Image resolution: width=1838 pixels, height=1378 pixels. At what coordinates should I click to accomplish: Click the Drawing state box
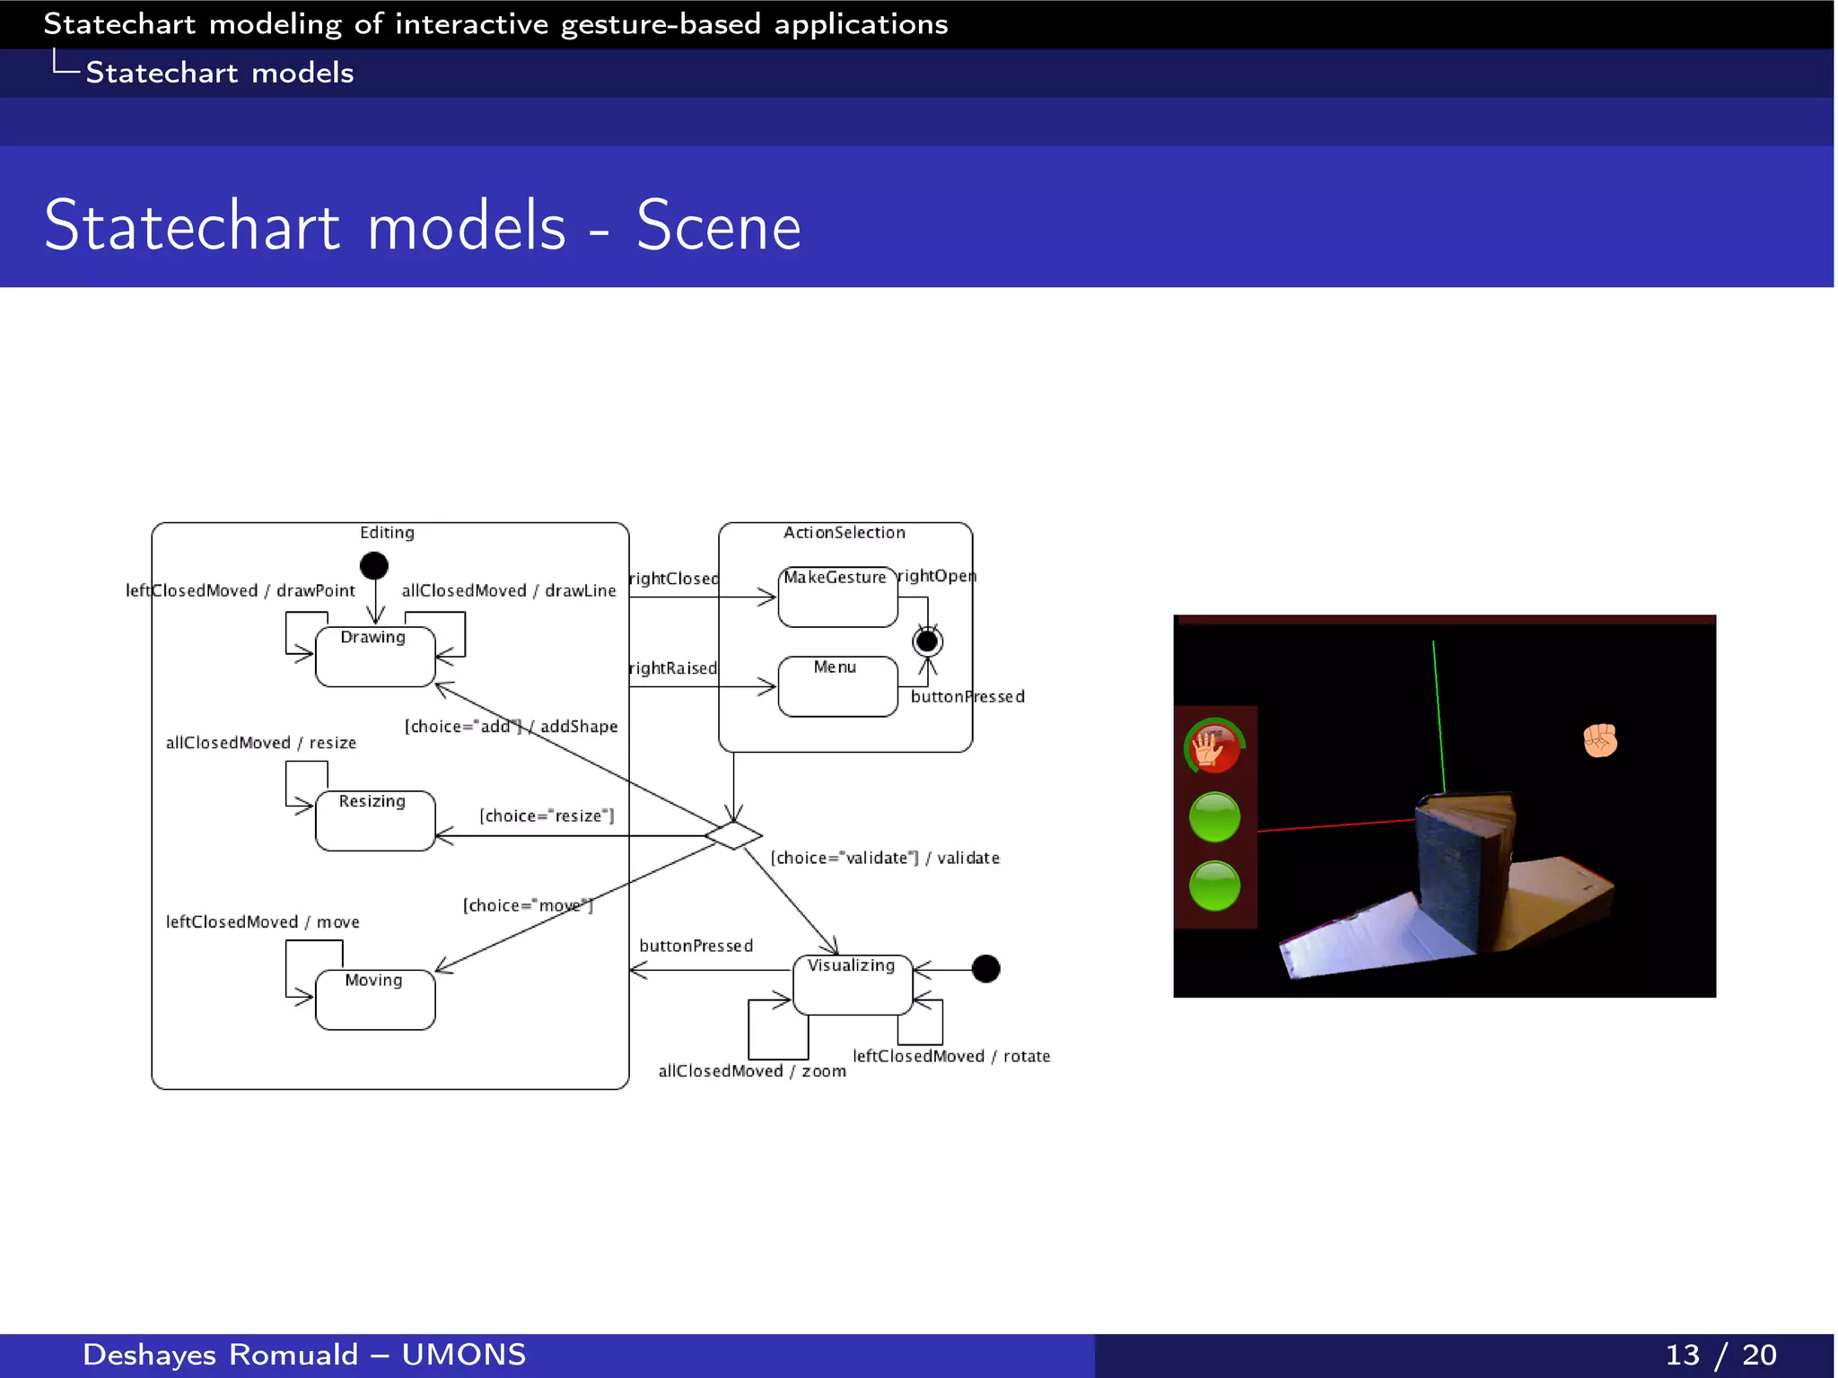(375, 657)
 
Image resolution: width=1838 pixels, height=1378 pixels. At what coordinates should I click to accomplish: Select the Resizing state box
(375, 821)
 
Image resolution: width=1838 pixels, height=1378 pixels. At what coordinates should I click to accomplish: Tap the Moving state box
(375, 999)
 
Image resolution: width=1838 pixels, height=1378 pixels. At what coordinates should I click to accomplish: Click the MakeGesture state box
(837, 597)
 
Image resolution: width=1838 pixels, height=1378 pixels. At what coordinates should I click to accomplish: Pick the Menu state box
(837, 686)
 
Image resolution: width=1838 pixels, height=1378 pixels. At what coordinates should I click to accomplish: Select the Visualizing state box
(853, 985)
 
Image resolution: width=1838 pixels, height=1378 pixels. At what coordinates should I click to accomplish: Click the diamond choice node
(733, 835)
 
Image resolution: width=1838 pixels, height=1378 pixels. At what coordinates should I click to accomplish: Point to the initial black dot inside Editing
(373, 565)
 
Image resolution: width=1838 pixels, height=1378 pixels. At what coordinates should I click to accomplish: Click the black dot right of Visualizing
(985, 969)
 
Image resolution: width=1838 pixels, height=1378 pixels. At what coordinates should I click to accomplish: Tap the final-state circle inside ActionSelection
(927, 641)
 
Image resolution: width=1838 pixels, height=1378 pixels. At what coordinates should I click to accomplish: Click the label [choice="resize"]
(547, 815)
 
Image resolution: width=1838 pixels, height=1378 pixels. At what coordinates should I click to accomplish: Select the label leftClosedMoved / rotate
(951, 1056)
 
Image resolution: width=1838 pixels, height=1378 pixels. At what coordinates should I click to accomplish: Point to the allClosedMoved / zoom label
(752, 1071)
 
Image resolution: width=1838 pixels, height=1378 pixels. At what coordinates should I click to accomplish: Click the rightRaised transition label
(673, 668)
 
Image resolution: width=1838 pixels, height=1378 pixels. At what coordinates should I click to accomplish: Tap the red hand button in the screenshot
(1213, 746)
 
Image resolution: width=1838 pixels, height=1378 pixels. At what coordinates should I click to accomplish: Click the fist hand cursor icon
(1599, 741)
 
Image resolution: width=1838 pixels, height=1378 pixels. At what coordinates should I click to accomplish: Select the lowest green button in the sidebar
(1214, 885)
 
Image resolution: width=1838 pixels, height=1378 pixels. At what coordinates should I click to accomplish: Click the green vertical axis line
(1439, 718)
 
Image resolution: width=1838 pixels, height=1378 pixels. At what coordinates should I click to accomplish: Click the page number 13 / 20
(1720, 1355)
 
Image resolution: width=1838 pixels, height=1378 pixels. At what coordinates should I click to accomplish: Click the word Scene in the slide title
(718, 226)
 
